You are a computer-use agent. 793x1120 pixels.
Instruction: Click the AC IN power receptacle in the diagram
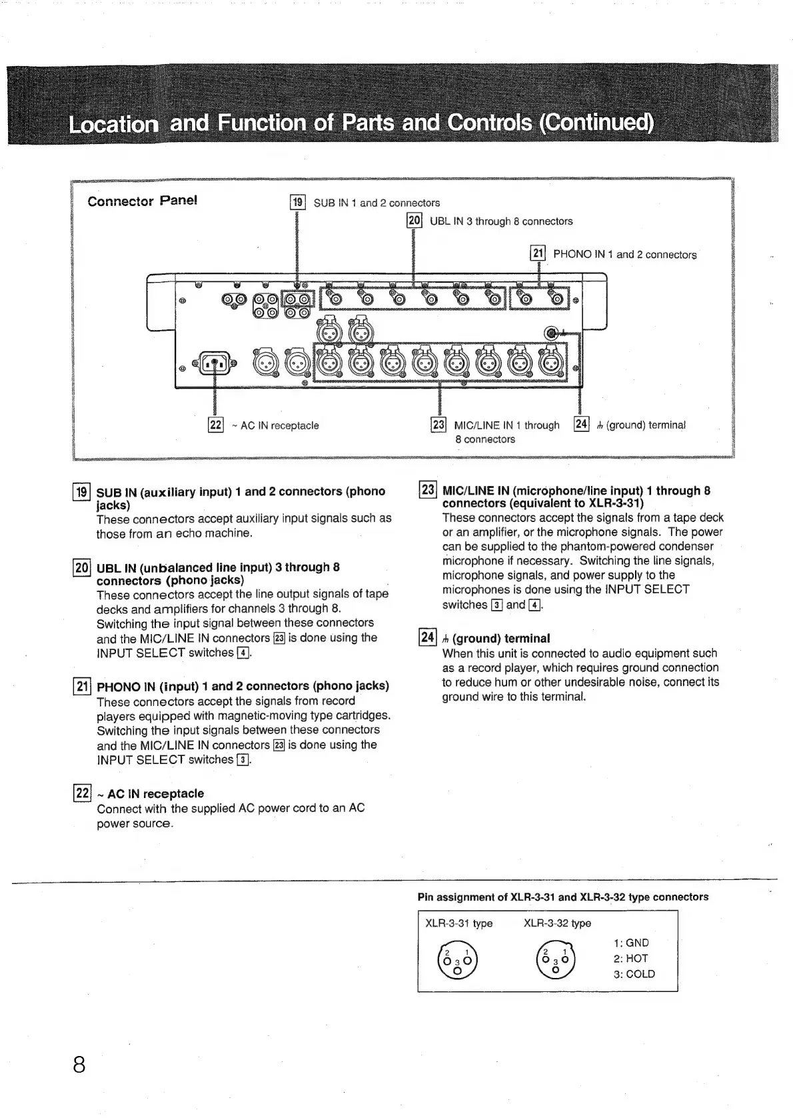[215, 364]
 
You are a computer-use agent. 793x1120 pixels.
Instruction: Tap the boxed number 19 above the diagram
[297, 202]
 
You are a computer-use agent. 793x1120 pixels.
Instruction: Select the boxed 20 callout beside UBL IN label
[414, 221]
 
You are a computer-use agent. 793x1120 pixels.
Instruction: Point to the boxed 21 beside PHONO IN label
[537, 253]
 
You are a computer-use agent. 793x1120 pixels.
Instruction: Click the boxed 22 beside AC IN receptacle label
[215, 425]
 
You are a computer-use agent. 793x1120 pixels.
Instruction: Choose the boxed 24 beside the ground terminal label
[581, 424]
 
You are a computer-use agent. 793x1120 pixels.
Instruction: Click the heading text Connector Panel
[142, 201]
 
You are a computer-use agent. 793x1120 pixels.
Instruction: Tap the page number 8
[79, 1064]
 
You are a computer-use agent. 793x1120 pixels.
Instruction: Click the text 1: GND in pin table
[630, 943]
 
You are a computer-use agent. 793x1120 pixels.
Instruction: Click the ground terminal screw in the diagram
[552, 333]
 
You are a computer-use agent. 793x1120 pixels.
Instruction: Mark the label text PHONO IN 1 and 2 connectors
[624, 254]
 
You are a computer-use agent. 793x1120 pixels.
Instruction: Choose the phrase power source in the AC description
[135, 823]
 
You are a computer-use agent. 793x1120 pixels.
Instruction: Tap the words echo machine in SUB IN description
[214, 533]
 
